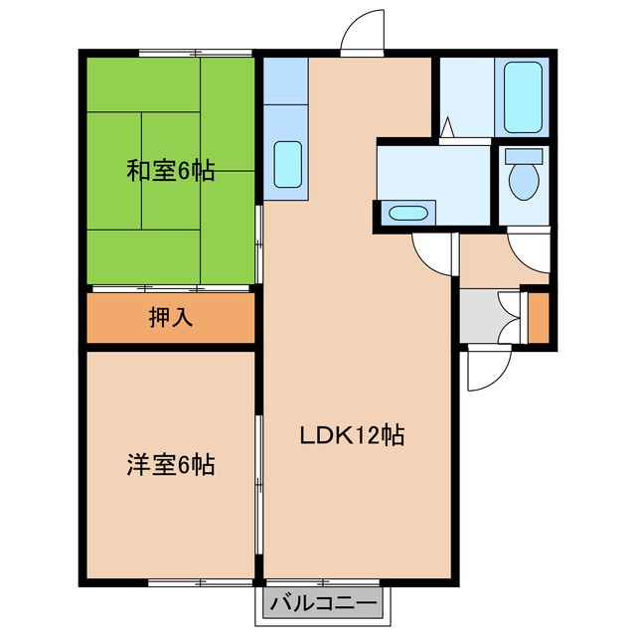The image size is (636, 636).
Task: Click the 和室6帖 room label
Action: click(170, 171)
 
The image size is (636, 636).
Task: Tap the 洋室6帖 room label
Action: click(170, 465)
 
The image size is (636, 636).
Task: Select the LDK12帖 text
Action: click(352, 435)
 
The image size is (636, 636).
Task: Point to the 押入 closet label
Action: click(170, 317)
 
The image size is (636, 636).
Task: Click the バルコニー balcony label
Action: click(323, 604)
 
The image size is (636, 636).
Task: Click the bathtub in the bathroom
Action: click(523, 97)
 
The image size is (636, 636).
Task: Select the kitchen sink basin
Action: click(287, 164)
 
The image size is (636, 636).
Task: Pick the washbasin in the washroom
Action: click(407, 213)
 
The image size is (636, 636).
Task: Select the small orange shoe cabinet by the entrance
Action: click(539, 317)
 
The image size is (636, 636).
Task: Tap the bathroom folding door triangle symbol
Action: click(447, 127)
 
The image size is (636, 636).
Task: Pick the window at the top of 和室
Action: click(196, 53)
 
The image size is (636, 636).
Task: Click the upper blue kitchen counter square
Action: click(285, 81)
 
